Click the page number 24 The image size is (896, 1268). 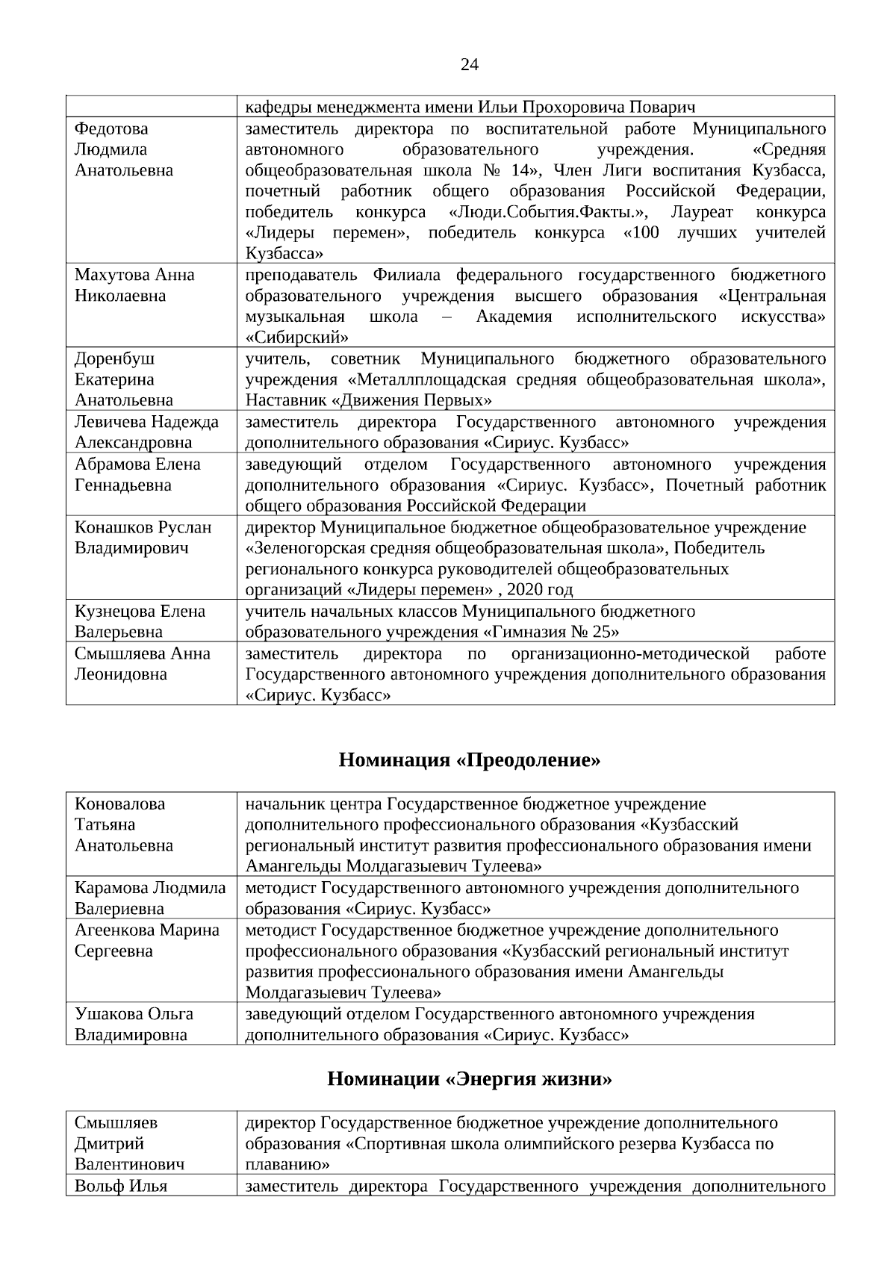click(470, 64)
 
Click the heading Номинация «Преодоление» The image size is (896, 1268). click(470, 761)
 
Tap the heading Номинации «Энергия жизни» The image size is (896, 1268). click(470, 1079)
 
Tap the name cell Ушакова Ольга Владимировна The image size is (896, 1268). click(134, 1024)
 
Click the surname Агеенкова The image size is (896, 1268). click(111, 930)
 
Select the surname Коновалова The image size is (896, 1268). click(119, 804)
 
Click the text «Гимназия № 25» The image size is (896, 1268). click(553, 633)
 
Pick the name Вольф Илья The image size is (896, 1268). click(121, 1186)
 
